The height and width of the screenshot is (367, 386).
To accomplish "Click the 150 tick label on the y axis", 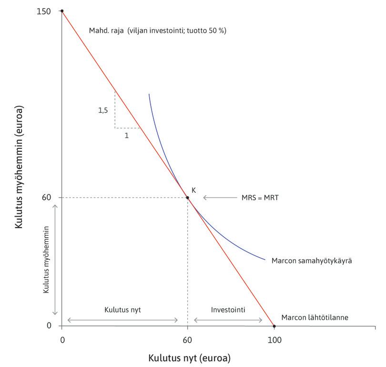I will tap(44, 11).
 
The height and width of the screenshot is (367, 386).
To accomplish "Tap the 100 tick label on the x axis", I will tap(274, 340).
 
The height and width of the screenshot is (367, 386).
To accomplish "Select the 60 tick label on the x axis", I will tap(187, 340).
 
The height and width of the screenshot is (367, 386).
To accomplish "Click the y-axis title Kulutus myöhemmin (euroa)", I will tap(19, 167).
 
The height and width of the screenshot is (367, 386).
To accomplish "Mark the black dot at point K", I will tap(187, 198).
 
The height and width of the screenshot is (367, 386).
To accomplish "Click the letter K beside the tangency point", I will tap(194, 189).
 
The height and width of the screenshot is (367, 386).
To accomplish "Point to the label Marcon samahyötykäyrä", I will tap(311, 261).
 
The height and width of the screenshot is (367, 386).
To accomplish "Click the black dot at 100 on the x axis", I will tap(274, 326).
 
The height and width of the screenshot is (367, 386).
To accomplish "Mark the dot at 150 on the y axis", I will tap(62, 11).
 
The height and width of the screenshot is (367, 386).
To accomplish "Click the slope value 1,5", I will tap(103, 110).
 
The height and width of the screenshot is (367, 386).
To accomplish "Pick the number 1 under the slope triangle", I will tap(127, 135).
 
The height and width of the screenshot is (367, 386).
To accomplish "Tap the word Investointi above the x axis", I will tap(228, 310).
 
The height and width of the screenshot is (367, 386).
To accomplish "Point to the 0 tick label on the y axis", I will tap(48, 326).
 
